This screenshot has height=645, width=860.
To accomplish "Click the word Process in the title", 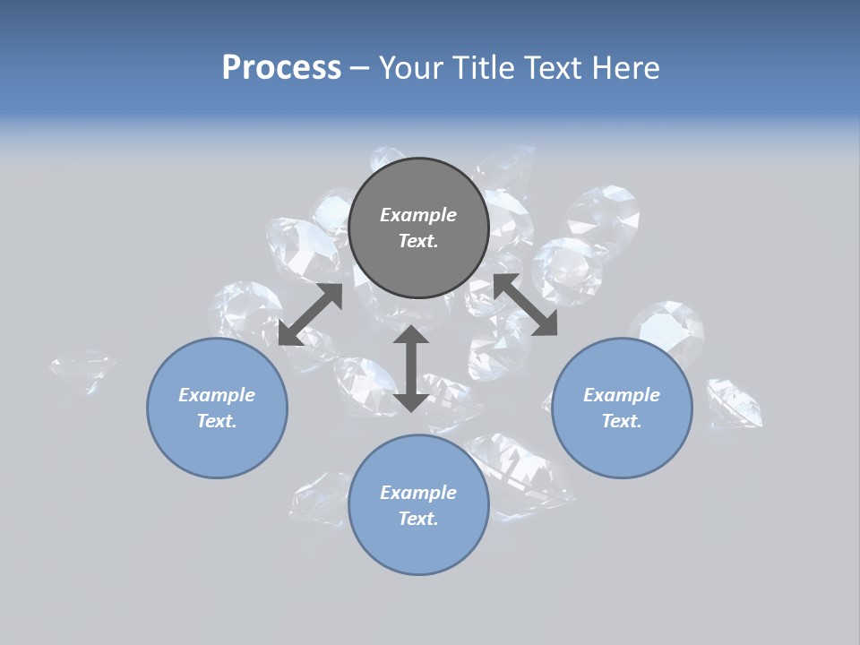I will click(281, 67).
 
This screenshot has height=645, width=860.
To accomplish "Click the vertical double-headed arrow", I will click(410, 368).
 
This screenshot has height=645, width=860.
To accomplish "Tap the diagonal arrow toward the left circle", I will click(310, 314).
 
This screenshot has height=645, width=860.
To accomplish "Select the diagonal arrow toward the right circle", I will click(525, 305).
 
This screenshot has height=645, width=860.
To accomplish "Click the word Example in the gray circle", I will click(418, 215).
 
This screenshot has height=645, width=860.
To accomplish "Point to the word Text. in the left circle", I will click(217, 421).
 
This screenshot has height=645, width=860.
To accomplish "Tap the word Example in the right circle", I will click(622, 395).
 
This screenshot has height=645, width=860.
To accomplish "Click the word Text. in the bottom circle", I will click(418, 519).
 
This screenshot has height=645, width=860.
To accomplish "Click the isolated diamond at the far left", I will click(82, 370).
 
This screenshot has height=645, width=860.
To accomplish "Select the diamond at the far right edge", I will click(734, 402).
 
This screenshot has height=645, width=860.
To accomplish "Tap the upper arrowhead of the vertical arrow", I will click(410, 335).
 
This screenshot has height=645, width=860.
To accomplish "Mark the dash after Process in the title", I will click(360, 67).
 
